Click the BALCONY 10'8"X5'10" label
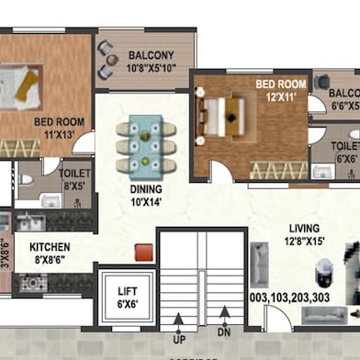(x=152, y=61)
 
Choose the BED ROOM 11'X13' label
(x=60, y=127)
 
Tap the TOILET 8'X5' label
(x=74, y=177)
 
